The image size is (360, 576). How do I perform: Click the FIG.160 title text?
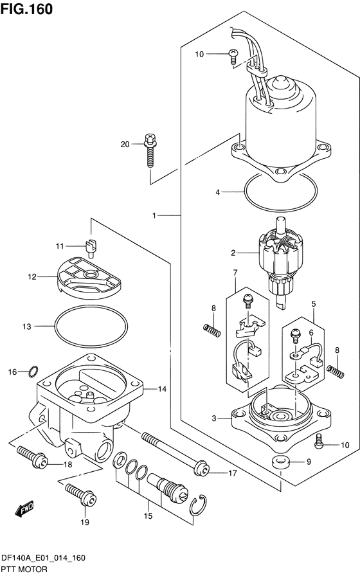(26, 9)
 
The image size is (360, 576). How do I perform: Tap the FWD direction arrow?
(24, 508)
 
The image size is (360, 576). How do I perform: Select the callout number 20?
(125, 145)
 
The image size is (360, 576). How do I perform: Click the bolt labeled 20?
(150, 150)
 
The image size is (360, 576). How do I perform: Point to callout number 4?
(218, 192)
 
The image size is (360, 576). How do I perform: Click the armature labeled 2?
(281, 262)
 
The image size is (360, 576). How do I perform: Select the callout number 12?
(32, 276)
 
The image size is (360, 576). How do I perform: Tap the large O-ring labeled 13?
(91, 325)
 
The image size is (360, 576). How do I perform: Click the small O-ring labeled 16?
(33, 372)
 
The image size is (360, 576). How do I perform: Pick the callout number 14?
(162, 389)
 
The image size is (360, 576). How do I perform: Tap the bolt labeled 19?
(81, 495)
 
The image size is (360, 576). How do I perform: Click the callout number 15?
(148, 516)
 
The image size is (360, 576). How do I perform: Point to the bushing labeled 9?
(281, 462)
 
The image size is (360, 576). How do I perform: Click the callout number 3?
(214, 418)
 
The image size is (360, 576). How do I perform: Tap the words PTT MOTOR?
(24, 570)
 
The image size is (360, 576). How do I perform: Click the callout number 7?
(235, 273)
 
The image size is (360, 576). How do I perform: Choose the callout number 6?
(311, 333)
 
